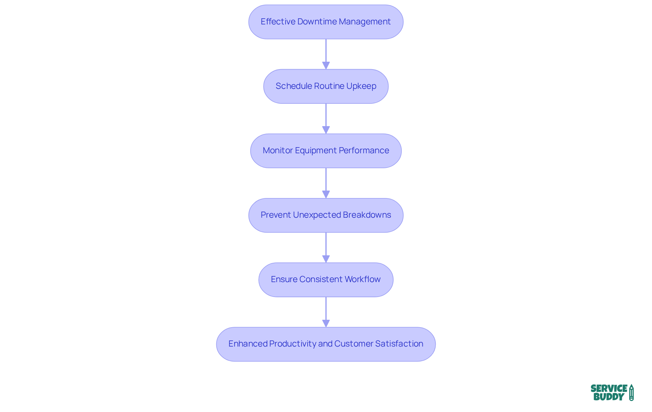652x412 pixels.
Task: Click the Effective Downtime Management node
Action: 326,22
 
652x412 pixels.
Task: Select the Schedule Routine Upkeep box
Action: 326,86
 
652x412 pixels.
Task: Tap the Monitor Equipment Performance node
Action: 326,151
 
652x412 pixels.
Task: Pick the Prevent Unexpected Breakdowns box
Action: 326,215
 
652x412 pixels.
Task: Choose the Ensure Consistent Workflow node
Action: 326,280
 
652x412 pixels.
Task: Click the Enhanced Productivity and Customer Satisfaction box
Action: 326,344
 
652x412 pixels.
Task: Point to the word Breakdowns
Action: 367,215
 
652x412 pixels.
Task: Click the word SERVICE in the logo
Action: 609,388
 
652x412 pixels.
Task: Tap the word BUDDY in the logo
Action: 609,397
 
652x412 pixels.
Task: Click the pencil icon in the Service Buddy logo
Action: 631,392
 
